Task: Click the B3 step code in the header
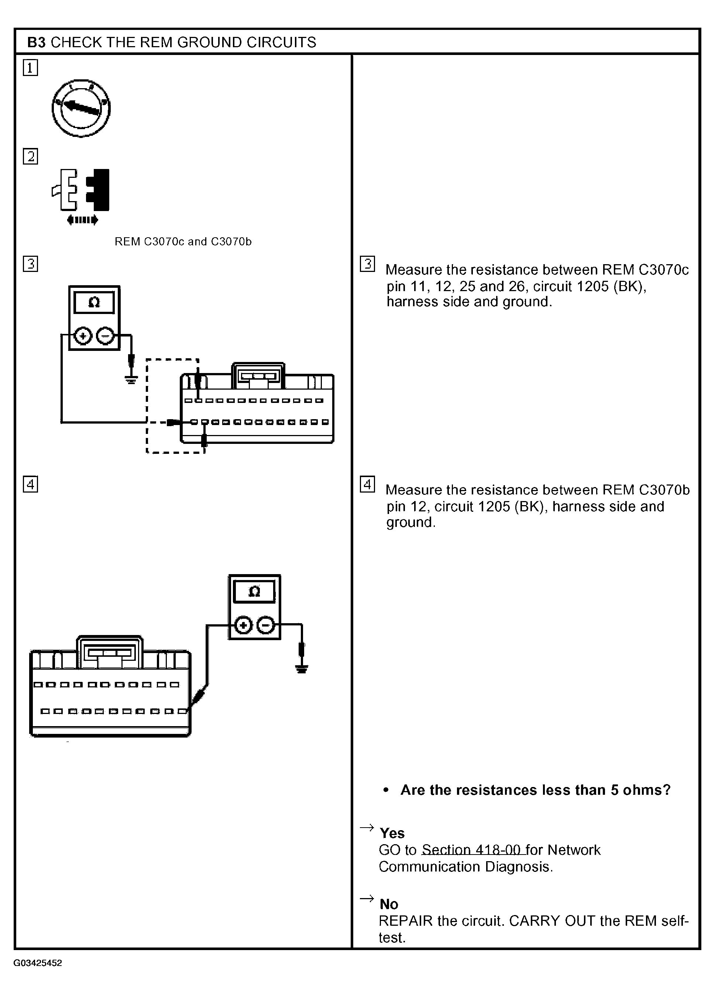click(37, 42)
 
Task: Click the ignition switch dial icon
click(81, 108)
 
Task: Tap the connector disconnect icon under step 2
click(82, 196)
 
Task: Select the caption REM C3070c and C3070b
click(183, 241)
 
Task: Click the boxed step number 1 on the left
click(30, 68)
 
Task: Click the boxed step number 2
click(30, 156)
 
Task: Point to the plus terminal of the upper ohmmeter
click(83, 336)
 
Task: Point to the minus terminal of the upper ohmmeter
click(105, 336)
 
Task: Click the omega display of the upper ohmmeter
click(94, 303)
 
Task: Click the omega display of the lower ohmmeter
click(254, 592)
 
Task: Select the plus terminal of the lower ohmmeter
click(243, 625)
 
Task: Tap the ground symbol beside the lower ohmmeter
click(302, 668)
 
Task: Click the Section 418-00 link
click(472, 850)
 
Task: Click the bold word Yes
click(392, 833)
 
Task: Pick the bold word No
click(389, 904)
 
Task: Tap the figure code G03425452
click(38, 963)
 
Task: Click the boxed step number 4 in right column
click(367, 484)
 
